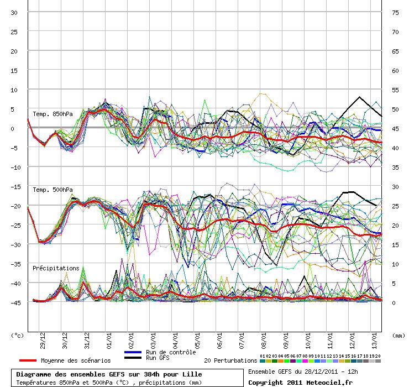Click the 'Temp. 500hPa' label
pos(53,190)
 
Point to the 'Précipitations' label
pos(56,268)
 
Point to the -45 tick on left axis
pos(14,302)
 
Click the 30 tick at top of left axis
pos(15,13)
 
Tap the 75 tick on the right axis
pos(395,13)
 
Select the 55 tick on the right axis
pos(395,90)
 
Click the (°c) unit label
pos(17,335)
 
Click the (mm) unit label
pos(398,335)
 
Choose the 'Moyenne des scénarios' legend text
pos(76,360)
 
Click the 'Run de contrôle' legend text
pos(171,352)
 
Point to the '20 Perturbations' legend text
pos(230,360)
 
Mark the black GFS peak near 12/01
pos(360,97)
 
